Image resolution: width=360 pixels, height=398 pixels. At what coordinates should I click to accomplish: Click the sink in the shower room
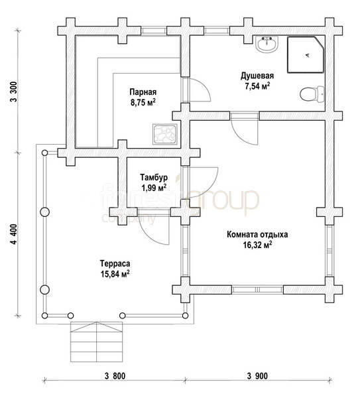click(267, 44)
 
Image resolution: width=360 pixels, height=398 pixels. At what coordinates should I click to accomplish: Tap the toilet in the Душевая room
click(312, 94)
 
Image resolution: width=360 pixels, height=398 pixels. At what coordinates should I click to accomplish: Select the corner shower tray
click(306, 55)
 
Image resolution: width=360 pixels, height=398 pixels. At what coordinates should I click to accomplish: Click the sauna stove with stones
click(165, 135)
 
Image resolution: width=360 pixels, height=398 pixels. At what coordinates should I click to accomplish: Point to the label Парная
click(143, 92)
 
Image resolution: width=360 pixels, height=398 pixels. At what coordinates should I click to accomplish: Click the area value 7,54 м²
click(257, 86)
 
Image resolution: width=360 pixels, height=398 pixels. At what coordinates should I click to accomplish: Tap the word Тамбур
click(154, 177)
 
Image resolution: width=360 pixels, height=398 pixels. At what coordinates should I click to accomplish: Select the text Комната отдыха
click(257, 235)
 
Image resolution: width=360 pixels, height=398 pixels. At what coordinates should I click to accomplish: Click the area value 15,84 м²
click(115, 274)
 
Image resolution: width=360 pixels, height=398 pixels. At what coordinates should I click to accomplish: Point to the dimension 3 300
click(14, 92)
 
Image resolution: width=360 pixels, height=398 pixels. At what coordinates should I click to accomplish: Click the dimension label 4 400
click(14, 234)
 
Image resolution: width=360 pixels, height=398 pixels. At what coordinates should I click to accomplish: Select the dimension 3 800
click(115, 376)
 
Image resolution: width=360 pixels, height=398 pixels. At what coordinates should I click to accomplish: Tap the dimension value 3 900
click(257, 376)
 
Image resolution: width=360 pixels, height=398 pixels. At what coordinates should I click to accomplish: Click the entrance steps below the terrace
click(97, 342)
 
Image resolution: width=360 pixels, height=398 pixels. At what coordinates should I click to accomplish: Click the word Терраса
click(115, 263)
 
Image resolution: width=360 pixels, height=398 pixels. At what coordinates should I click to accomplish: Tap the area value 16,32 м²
click(257, 245)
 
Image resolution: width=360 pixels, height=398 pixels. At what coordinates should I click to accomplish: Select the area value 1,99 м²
click(154, 188)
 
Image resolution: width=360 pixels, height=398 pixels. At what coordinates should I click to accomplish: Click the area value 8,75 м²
click(143, 103)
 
